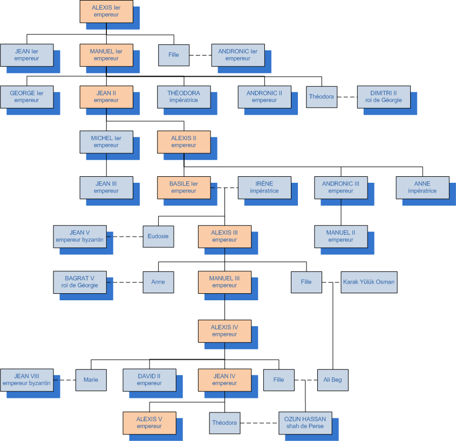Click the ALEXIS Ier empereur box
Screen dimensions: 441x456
pos(106,11)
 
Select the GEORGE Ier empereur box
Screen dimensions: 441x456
pos(26,97)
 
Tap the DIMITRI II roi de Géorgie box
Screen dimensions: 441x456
pos(383,97)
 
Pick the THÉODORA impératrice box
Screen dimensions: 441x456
pos(183,97)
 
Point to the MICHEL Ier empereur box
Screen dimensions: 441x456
pos(106,142)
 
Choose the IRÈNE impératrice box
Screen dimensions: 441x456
pos(264,187)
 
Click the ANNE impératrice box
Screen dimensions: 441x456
pos(422,187)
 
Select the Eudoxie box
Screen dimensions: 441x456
pos(158,236)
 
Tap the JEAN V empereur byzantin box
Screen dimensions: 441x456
pos(79,236)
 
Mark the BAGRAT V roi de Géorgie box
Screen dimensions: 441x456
pos(79,282)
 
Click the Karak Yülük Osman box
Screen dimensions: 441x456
pos(369,282)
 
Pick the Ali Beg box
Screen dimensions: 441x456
pos(332,380)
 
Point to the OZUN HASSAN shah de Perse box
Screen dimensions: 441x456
pos(305,423)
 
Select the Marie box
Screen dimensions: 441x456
pos(91,380)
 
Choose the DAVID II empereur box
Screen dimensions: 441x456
pos(149,380)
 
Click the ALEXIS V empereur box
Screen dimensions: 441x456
pos(149,423)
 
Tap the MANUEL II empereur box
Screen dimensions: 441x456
pos(341,236)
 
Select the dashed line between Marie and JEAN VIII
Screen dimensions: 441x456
pos(64,380)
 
